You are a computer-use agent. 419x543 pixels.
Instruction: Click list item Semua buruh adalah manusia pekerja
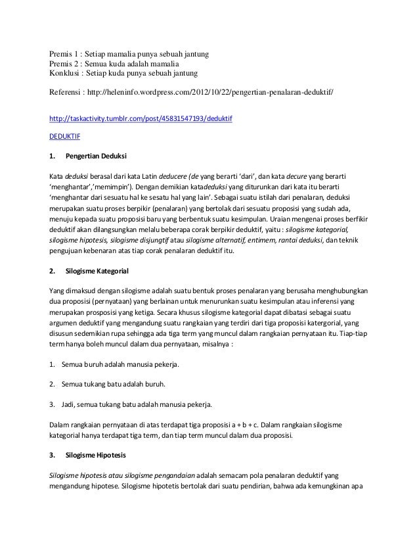coord(120,364)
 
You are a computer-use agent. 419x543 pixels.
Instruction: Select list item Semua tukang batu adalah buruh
coord(113,384)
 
